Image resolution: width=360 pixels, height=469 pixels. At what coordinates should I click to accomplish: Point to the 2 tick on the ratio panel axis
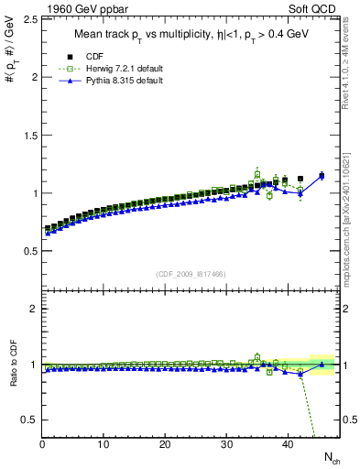tap(35, 309)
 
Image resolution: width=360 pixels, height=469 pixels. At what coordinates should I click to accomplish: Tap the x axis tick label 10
tap(104, 444)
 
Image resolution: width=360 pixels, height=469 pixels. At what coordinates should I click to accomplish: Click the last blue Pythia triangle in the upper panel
tap(321, 175)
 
